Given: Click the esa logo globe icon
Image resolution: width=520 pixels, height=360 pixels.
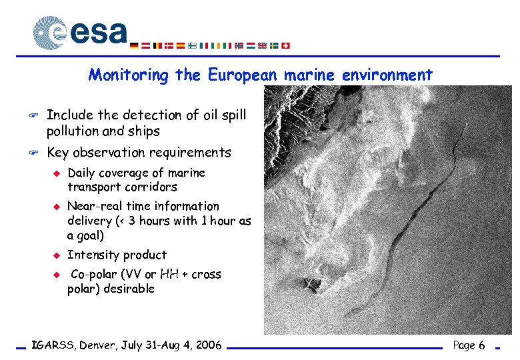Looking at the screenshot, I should click(x=50, y=32).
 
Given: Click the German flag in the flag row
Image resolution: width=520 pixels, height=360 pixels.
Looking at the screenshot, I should click(x=134, y=45).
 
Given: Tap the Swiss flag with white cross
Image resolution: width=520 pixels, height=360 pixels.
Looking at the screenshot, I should click(x=286, y=45).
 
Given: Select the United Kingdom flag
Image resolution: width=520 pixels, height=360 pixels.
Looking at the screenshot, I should click(x=263, y=45).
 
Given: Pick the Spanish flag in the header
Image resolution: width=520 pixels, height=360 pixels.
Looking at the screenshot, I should click(x=180, y=45).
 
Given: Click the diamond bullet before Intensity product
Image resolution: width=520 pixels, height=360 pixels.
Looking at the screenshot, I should click(x=57, y=255).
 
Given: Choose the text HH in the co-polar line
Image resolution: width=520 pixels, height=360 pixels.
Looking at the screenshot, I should click(x=169, y=274).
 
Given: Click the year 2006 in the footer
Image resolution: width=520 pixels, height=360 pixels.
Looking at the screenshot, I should click(x=207, y=345).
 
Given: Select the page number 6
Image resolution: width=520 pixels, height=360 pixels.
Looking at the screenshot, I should click(x=481, y=345).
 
